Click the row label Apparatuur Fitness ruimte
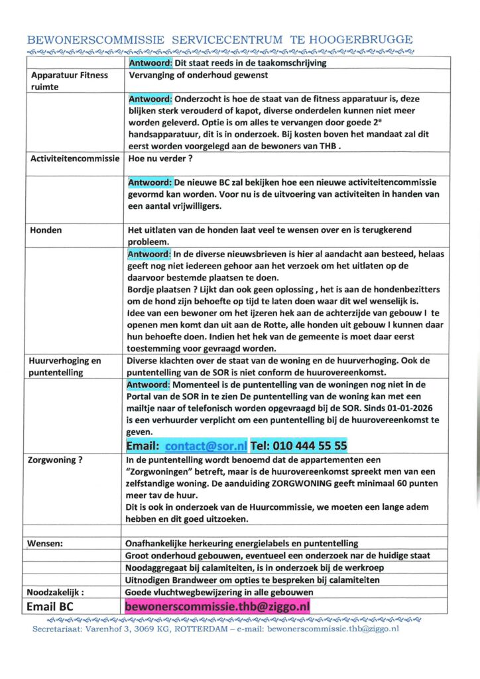tap(70, 81)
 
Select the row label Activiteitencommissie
tap(75, 158)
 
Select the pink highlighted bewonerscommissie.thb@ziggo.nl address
tap(217, 606)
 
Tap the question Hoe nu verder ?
tap(160, 158)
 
